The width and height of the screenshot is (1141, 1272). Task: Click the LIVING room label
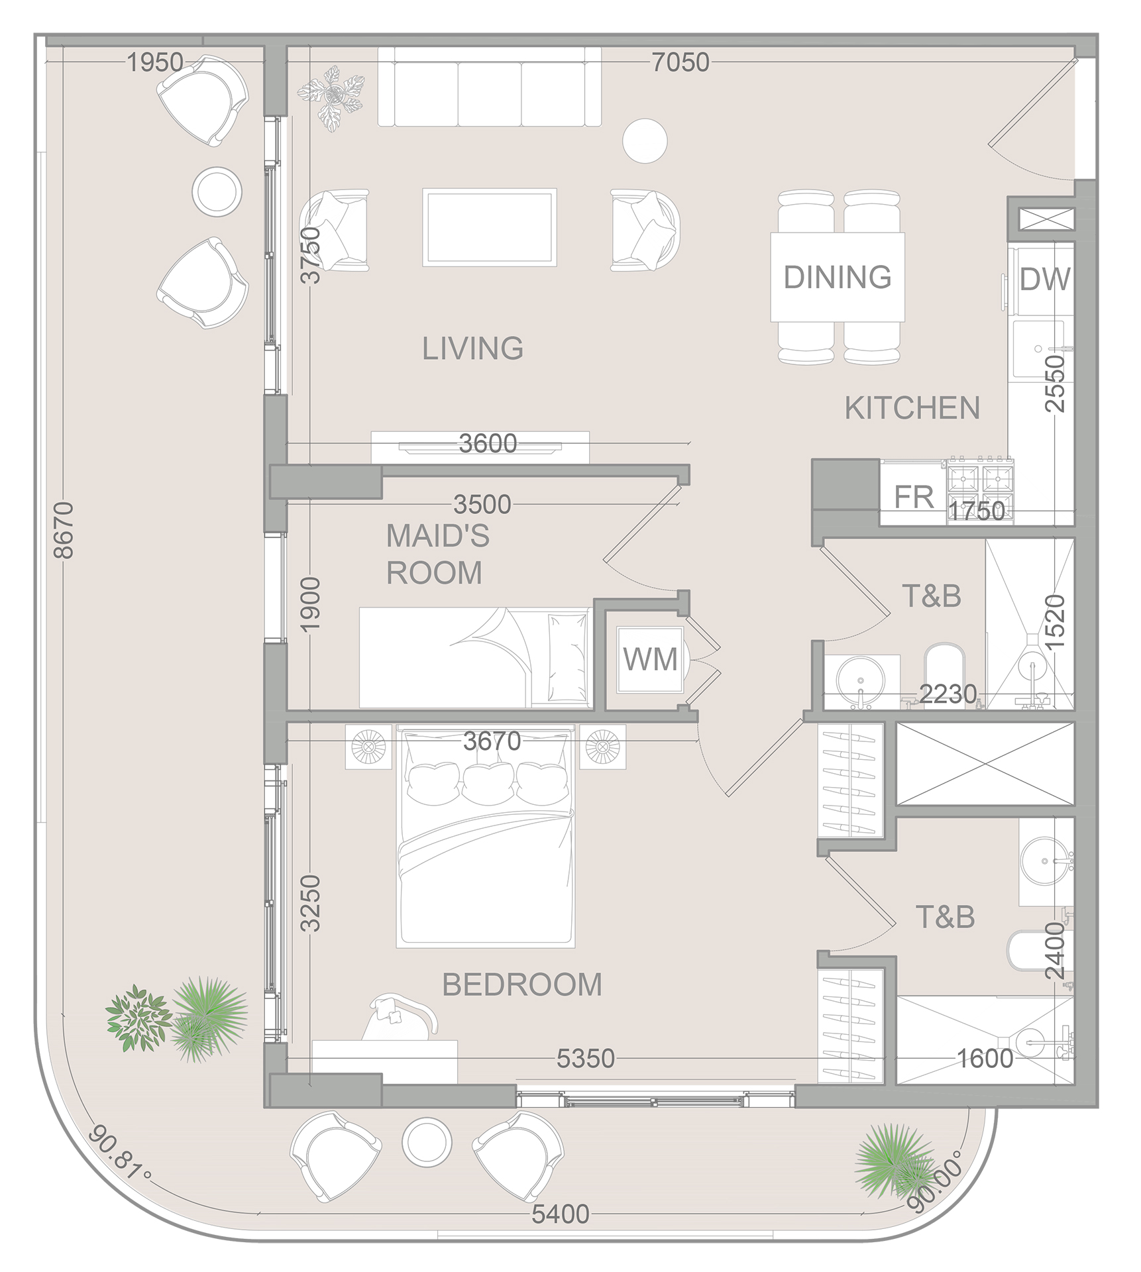(x=472, y=348)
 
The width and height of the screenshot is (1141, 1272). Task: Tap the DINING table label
(x=838, y=277)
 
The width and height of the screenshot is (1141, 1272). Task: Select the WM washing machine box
(x=650, y=660)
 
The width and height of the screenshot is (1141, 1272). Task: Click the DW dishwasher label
(x=1044, y=280)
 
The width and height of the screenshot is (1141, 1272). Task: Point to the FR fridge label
(x=913, y=497)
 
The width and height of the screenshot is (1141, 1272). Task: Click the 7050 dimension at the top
(x=680, y=63)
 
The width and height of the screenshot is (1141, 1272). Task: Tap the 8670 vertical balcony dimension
(x=64, y=530)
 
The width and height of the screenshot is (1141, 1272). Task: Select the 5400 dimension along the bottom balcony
(x=560, y=1214)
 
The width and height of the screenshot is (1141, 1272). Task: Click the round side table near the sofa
(x=645, y=140)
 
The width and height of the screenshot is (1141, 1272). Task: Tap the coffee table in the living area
(x=490, y=227)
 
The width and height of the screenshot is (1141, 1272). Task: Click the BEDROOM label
(x=522, y=985)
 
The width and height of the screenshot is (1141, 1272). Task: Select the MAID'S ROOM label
(x=437, y=554)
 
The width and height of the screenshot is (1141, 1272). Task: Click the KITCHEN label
(x=912, y=408)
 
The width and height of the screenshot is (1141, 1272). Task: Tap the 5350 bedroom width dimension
(x=585, y=1059)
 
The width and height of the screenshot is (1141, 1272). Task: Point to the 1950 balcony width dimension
(x=155, y=63)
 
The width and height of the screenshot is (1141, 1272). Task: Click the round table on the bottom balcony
(x=427, y=1141)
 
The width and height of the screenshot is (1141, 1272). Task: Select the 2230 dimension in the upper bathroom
(x=948, y=694)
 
